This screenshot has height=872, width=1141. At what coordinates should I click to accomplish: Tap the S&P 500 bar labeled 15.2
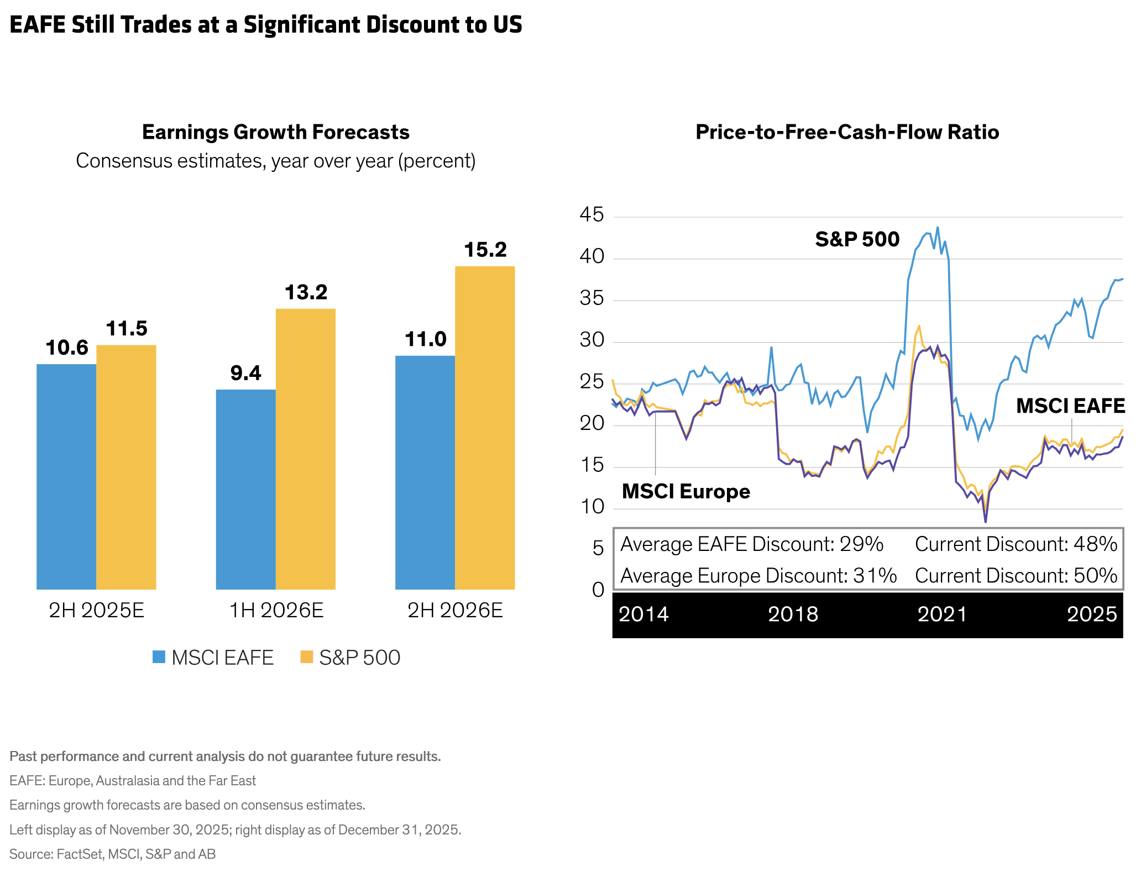pos(485,428)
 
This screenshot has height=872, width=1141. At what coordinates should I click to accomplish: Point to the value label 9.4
pos(245,374)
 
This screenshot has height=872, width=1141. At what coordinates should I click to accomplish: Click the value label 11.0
pos(425,339)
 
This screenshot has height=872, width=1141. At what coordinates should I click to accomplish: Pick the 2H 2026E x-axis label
pos(455,611)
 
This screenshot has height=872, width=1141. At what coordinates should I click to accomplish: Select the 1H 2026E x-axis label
pos(276,611)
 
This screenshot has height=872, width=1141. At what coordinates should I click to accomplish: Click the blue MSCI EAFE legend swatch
pos(159,657)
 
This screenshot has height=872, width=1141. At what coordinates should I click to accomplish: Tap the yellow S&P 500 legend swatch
pos(306,657)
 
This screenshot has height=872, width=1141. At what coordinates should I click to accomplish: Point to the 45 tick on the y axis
pos(592,215)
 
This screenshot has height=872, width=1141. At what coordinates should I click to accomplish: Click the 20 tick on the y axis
pos(592,424)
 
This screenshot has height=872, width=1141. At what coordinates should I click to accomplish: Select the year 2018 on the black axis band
pos(793,614)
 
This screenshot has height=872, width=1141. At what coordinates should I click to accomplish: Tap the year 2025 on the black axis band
pos(1092,614)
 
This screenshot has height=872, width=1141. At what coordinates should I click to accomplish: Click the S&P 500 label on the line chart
pos(857,239)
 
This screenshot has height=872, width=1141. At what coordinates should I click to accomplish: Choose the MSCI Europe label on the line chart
pos(685,491)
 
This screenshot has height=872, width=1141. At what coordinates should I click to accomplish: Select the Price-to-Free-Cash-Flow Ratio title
pos(847,132)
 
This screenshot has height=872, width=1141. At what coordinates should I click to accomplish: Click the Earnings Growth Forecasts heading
pos(275,132)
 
